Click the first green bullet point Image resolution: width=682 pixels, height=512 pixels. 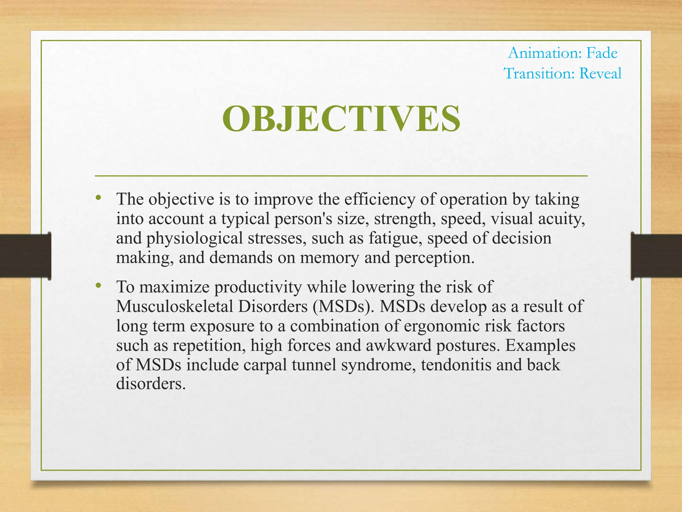(x=98, y=198)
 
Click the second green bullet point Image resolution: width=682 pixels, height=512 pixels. (x=98, y=285)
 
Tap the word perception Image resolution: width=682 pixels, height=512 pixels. (x=434, y=258)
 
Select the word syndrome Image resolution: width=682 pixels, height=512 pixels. (x=378, y=365)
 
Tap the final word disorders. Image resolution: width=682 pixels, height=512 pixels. (x=151, y=384)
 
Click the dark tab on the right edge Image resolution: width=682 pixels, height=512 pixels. (x=656, y=256)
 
